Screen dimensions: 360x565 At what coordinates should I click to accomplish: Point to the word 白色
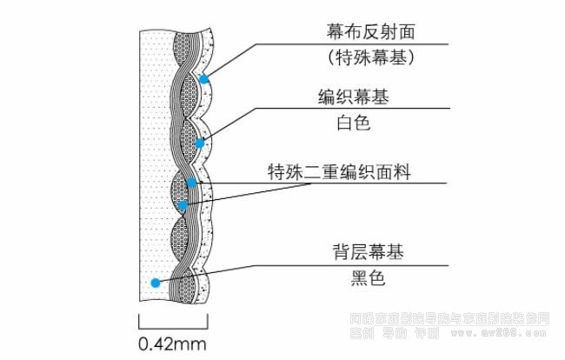[353, 123]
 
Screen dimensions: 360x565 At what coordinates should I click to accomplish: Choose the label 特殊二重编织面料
[338, 171]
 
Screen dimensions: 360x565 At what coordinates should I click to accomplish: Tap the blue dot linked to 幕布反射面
[204, 79]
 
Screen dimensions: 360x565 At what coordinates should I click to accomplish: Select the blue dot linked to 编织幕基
[200, 143]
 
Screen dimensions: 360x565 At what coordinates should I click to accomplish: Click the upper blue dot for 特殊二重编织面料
[192, 183]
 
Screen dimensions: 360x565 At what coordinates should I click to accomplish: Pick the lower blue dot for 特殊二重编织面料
[183, 204]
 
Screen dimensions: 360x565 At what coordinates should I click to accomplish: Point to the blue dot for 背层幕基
[155, 282]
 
